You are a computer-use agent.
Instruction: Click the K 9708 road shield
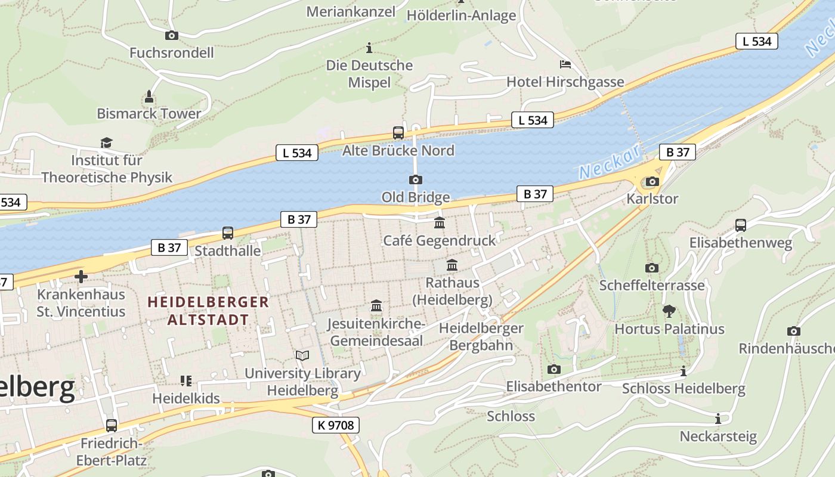(335, 425)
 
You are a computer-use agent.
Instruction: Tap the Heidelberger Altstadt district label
(208, 311)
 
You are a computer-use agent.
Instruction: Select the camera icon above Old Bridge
(415, 179)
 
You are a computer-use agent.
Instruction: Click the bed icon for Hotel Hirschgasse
(565, 64)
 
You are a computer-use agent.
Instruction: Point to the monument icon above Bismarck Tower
(149, 96)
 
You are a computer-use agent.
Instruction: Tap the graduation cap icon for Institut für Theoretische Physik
(106, 143)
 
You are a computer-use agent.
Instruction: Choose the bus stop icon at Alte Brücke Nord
(398, 133)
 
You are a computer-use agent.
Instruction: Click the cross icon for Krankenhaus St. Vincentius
(81, 277)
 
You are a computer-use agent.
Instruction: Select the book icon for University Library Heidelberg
(302, 355)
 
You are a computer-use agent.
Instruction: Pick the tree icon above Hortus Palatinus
(669, 311)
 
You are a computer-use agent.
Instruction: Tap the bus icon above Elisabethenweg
(740, 225)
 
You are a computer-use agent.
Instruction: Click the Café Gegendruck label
(439, 240)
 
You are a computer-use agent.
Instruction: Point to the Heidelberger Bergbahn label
(481, 336)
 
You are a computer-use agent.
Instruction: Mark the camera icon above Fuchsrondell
(171, 35)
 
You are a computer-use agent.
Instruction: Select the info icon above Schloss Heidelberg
(683, 371)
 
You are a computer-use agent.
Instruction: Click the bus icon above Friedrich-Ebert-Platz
(112, 425)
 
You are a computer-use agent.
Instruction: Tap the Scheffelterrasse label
(651, 285)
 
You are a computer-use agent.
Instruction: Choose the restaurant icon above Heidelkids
(185, 380)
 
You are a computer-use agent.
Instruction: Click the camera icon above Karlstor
(652, 181)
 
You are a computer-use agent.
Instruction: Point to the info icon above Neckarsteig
(718, 419)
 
